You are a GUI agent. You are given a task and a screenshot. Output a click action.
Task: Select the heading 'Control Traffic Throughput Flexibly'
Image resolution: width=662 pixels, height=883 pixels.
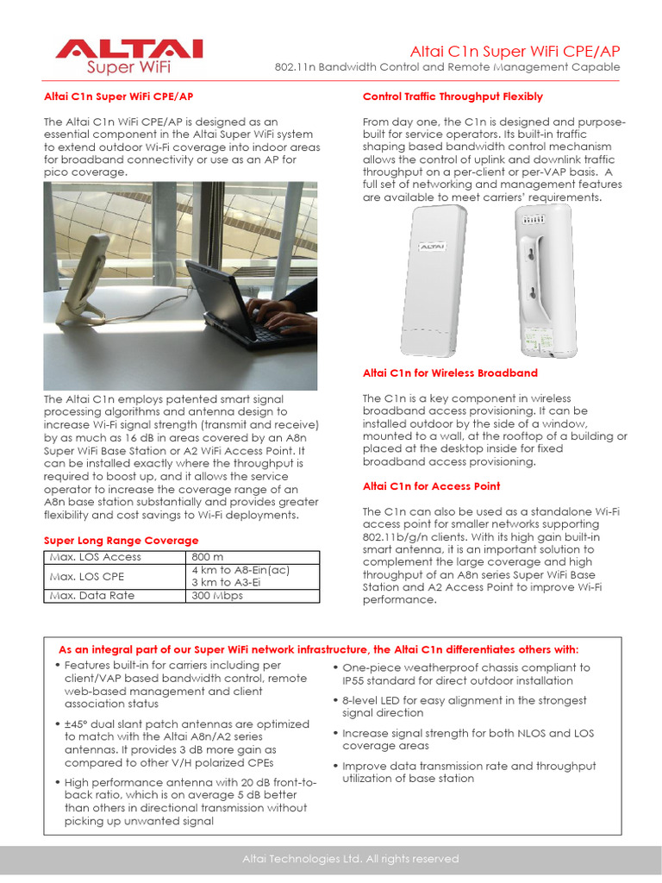(453, 97)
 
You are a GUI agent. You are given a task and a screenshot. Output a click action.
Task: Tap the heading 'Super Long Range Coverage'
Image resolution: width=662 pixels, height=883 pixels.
(121, 541)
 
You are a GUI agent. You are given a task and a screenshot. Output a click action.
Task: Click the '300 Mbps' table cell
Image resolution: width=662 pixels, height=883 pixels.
(217, 595)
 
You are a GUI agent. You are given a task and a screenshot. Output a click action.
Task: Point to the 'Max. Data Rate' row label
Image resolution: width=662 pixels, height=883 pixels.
(91, 595)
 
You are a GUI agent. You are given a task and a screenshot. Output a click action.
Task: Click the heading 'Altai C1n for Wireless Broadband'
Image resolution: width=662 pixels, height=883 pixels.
(450, 373)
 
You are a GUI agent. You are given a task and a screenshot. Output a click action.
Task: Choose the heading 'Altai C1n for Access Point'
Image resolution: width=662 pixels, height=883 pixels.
(431, 486)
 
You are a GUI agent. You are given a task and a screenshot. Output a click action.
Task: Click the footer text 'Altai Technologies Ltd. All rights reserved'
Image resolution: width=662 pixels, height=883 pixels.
(350, 859)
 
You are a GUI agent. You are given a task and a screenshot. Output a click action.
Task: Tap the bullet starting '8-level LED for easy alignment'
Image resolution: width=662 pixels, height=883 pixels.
(464, 707)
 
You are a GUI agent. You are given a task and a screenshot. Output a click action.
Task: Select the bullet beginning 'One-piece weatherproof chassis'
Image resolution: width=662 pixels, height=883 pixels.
(465, 673)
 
